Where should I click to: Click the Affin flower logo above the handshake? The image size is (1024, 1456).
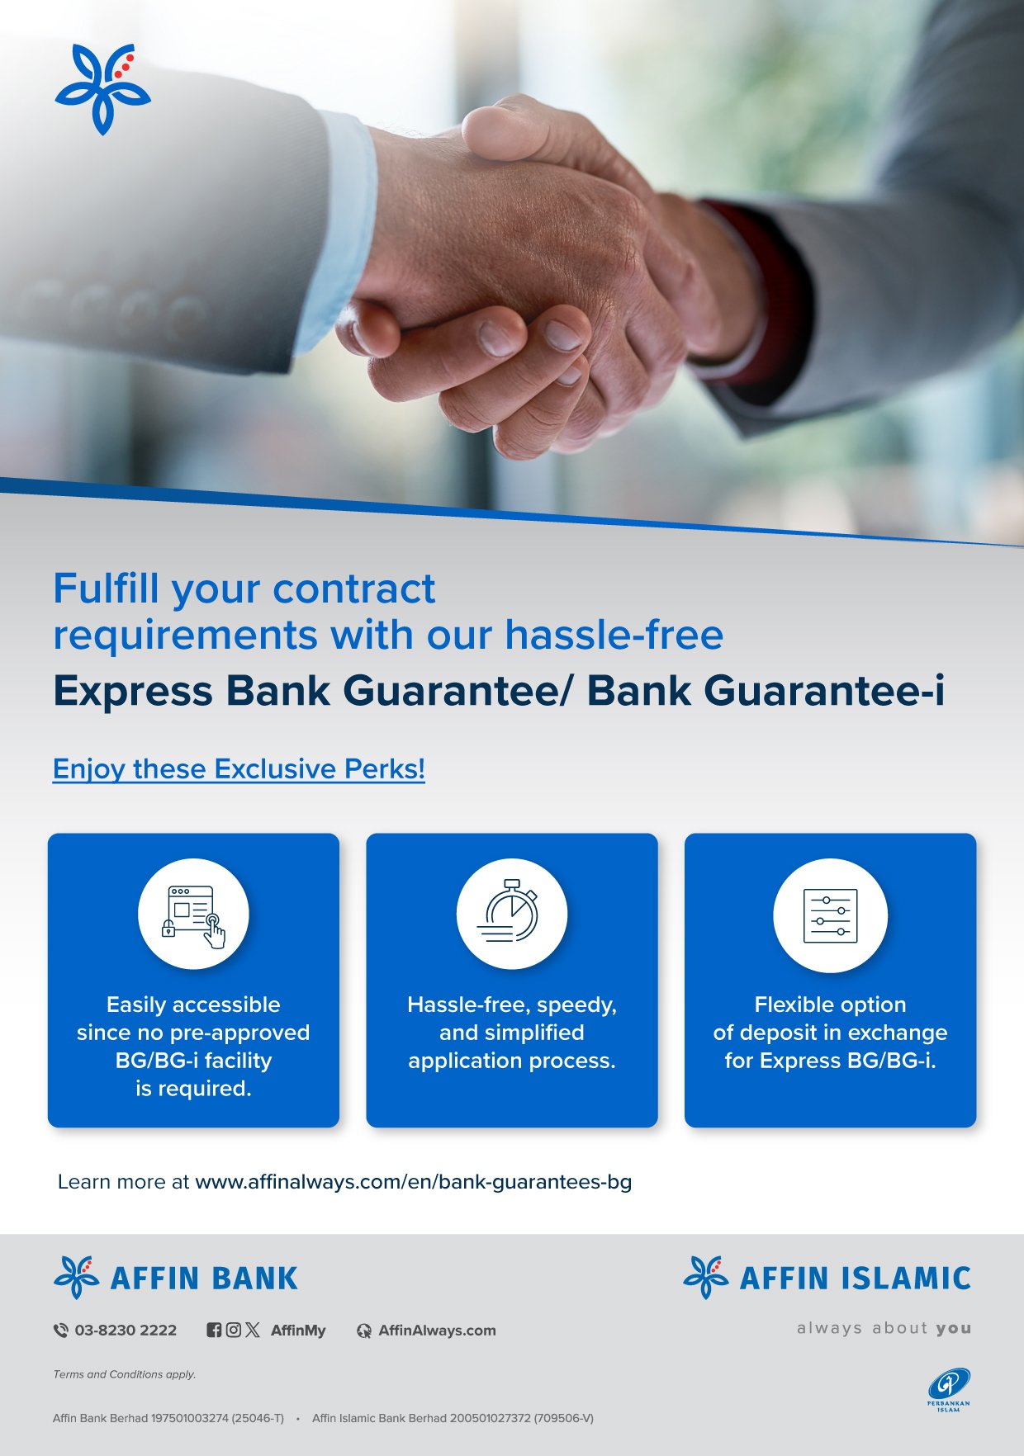(x=102, y=88)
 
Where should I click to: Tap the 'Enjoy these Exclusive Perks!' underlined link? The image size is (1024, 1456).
(x=239, y=769)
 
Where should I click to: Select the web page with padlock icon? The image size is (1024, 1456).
(x=193, y=915)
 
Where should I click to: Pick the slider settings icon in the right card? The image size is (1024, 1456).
(x=830, y=915)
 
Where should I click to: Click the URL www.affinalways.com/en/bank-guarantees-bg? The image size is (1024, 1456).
(x=413, y=1182)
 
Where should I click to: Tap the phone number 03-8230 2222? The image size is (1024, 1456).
(x=126, y=1330)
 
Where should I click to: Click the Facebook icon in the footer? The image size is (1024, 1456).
(x=214, y=1330)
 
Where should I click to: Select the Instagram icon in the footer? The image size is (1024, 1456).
(x=234, y=1330)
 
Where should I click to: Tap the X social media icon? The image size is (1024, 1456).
(x=253, y=1330)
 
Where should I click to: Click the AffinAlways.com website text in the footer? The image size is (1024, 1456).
(x=437, y=1330)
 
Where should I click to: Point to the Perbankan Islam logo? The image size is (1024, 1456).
(x=949, y=1389)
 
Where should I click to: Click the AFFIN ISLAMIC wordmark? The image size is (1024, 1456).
(x=855, y=1278)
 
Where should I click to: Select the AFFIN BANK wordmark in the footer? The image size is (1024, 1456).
(x=204, y=1278)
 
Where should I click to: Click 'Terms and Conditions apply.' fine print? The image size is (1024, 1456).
(x=125, y=1374)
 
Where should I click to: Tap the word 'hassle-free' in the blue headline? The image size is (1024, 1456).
(x=614, y=635)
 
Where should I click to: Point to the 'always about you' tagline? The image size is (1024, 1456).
(x=884, y=1328)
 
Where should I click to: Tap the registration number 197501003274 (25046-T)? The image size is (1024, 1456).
(x=217, y=1418)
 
